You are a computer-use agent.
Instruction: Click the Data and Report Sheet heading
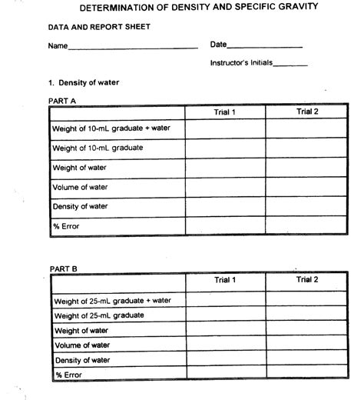[88, 27]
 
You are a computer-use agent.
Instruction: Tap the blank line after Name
[132, 47]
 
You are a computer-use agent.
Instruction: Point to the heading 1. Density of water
[84, 82]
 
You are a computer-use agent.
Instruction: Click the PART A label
[62, 100]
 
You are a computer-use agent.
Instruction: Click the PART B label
[63, 268]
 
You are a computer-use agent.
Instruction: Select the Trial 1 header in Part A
[225, 113]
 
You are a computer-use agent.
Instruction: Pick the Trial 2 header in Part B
[306, 280]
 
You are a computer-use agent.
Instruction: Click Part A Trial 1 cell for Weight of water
[225, 167]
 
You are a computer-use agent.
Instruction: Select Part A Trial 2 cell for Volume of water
[306, 187]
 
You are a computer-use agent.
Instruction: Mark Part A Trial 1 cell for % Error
[225, 225]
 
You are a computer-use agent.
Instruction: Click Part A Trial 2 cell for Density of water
[306, 206]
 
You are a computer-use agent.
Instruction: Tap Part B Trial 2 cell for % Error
[306, 375]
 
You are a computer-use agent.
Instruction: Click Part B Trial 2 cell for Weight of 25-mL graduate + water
[306, 299]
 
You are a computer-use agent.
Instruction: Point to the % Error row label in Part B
[69, 375]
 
